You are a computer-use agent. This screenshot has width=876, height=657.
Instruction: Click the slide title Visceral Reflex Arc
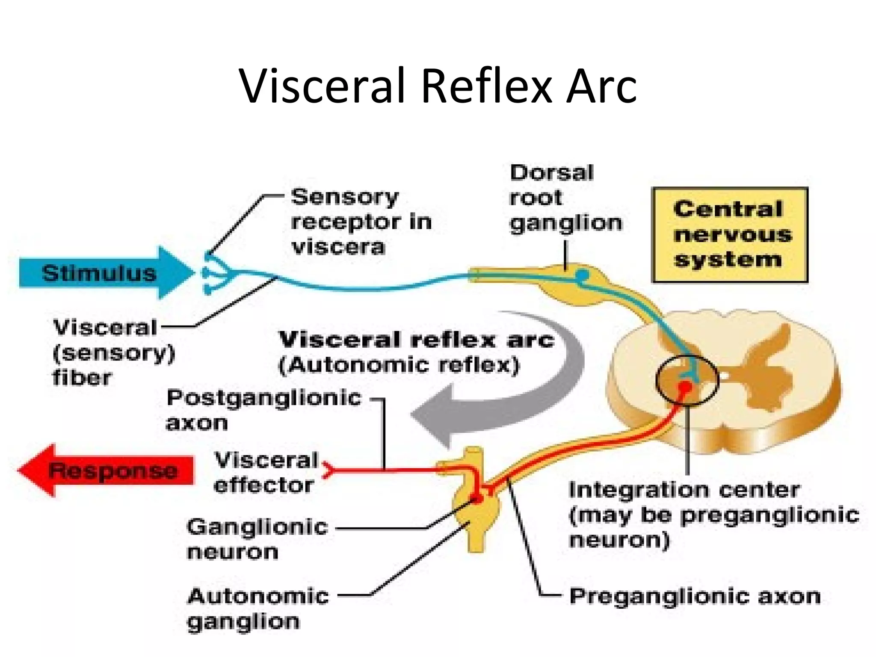click(438, 86)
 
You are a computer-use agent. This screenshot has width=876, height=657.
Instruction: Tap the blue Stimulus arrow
click(103, 273)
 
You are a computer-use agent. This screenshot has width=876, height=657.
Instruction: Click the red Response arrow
click(107, 471)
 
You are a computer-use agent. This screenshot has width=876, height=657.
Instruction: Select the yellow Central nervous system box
click(730, 235)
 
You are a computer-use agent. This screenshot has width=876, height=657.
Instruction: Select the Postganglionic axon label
click(263, 410)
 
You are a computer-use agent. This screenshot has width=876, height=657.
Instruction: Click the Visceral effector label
click(266, 473)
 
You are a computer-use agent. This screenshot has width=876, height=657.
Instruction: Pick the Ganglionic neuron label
click(257, 539)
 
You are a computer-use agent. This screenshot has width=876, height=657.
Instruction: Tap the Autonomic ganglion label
click(257, 608)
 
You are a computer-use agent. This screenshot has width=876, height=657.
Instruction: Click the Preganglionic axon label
click(695, 596)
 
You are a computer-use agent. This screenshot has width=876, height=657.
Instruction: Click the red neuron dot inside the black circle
click(685, 388)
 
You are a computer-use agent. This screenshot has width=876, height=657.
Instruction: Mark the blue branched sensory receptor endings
click(214, 273)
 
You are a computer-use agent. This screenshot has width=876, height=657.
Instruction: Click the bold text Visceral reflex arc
click(417, 340)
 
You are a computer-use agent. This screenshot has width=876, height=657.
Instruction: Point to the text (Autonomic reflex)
click(399, 365)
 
